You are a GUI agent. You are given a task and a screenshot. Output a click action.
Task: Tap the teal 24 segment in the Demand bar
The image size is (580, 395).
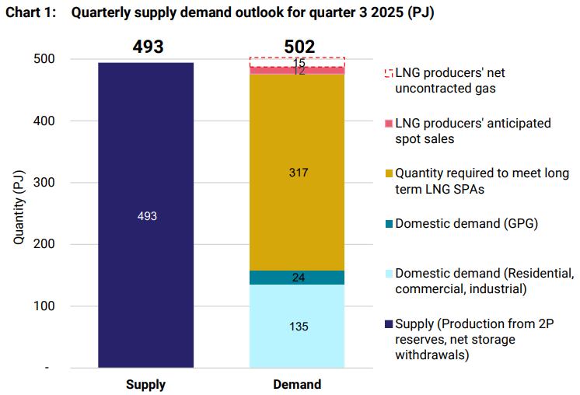click(297, 278)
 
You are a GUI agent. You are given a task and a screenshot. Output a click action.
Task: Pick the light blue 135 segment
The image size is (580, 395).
click(297, 326)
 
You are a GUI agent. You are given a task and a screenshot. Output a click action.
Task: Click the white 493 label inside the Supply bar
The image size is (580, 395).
click(145, 216)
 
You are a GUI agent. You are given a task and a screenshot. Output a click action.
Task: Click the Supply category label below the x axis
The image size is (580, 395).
click(145, 384)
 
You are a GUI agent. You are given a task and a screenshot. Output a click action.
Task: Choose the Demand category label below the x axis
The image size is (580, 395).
click(297, 384)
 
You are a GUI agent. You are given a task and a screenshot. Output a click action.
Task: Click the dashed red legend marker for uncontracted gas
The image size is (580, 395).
click(389, 73)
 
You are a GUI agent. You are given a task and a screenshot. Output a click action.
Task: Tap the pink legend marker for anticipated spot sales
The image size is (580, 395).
click(389, 124)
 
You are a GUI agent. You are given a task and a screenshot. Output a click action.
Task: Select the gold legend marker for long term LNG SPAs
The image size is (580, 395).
click(389, 173)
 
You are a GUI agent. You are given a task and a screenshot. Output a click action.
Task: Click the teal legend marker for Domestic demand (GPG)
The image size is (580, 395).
click(389, 224)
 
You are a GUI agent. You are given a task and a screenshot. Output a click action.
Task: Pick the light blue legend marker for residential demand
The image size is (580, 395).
click(389, 274)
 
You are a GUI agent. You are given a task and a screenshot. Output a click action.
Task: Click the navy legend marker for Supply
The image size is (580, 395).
click(389, 324)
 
